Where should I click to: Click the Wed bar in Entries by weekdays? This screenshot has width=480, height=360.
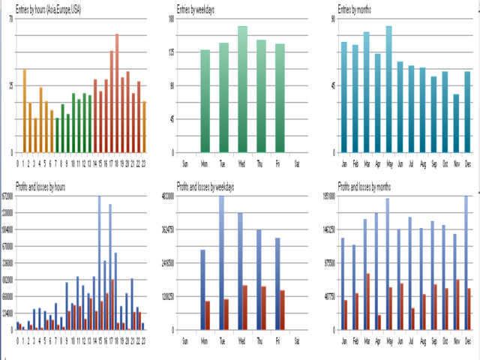(x=242, y=89)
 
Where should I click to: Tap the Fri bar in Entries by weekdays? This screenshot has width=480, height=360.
(x=280, y=98)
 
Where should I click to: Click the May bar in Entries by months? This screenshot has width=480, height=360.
(x=389, y=89)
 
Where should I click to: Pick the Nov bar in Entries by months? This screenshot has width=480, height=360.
(x=456, y=123)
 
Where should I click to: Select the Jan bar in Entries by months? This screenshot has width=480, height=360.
(x=344, y=97)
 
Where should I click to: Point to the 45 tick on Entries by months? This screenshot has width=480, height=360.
(x=332, y=85)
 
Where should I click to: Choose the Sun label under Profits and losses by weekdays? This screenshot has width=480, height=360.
(x=186, y=340)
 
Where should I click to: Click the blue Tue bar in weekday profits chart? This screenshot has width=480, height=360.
(x=221, y=262)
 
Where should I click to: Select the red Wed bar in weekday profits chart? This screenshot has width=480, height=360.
(x=244, y=307)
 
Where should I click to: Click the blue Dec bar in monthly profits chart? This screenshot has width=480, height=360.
(x=466, y=262)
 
